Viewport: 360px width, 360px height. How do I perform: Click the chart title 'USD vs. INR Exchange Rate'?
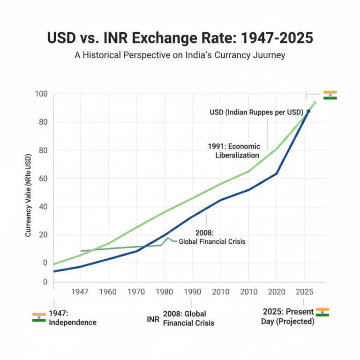pyautogui.click(x=180, y=38)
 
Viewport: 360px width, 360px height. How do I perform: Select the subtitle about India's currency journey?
pyautogui.click(x=180, y=55)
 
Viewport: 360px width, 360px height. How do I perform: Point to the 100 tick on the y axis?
pyautogui.click(x=41, y=94)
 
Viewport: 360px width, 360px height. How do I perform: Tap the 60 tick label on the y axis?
pyautogui.click(x=43, y=179)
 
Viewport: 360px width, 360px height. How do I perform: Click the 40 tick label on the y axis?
pyautogui.click(x=43, y=207)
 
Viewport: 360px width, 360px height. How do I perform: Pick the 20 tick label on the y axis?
pyautogui.click(x=43, y=235)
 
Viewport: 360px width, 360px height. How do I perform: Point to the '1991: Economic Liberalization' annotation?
pyautogui.click(x=234, y=150)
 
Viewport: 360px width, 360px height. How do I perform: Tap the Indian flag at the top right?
pyautogui.click(x=330, y=95)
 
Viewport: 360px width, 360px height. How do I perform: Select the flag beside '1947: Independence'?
pyautogui.click(x=39, y=317)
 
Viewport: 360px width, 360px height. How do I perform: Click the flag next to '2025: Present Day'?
pyautogui.click(x=322, y=312)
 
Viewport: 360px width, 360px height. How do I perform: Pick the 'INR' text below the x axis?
pyautogui.click(x=152, y=319)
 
